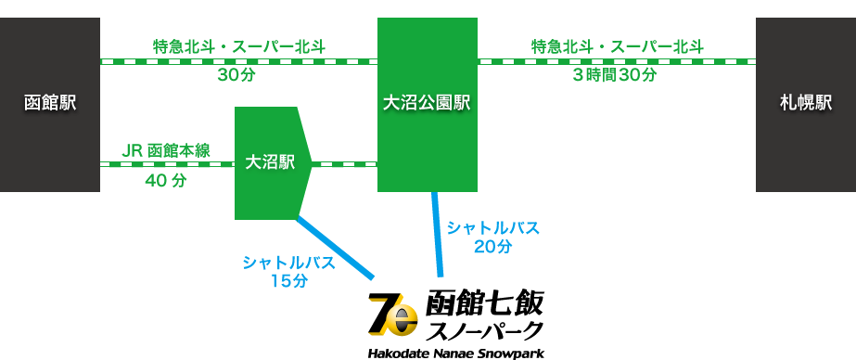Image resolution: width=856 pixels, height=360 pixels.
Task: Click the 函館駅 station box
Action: (x=50, y=104)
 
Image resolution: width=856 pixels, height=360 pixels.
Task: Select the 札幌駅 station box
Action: (x=806, y=104)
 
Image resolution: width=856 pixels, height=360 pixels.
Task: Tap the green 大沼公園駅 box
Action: (x=428, y=104)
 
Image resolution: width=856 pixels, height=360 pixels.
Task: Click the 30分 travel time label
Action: (x=236, y=75)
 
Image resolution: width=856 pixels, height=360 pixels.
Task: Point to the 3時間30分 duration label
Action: (x=614, y=75)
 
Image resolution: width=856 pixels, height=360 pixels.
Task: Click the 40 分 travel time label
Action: (x=166, y=180)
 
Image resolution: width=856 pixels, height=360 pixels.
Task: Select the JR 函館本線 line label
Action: (x=165, y=150)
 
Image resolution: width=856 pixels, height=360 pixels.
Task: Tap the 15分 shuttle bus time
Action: (x=288, y=281)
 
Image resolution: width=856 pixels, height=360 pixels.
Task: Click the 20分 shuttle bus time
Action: (x=493, y=247)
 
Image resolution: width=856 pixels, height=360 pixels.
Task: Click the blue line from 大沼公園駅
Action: (x=438, y=235)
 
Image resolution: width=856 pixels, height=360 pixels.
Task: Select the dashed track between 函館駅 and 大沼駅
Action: (x=168, y=164)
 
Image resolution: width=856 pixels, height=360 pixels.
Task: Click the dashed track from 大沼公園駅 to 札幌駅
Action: (x=617, y=62)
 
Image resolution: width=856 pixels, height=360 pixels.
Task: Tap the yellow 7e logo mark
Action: (x=392, y=315)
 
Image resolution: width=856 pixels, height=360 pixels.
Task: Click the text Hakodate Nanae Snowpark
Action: (x=456, y=353)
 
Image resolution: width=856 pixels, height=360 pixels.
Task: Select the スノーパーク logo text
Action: (x=484, y=330)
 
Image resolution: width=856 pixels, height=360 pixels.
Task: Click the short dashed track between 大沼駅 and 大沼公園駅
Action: (x=344, y=164)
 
